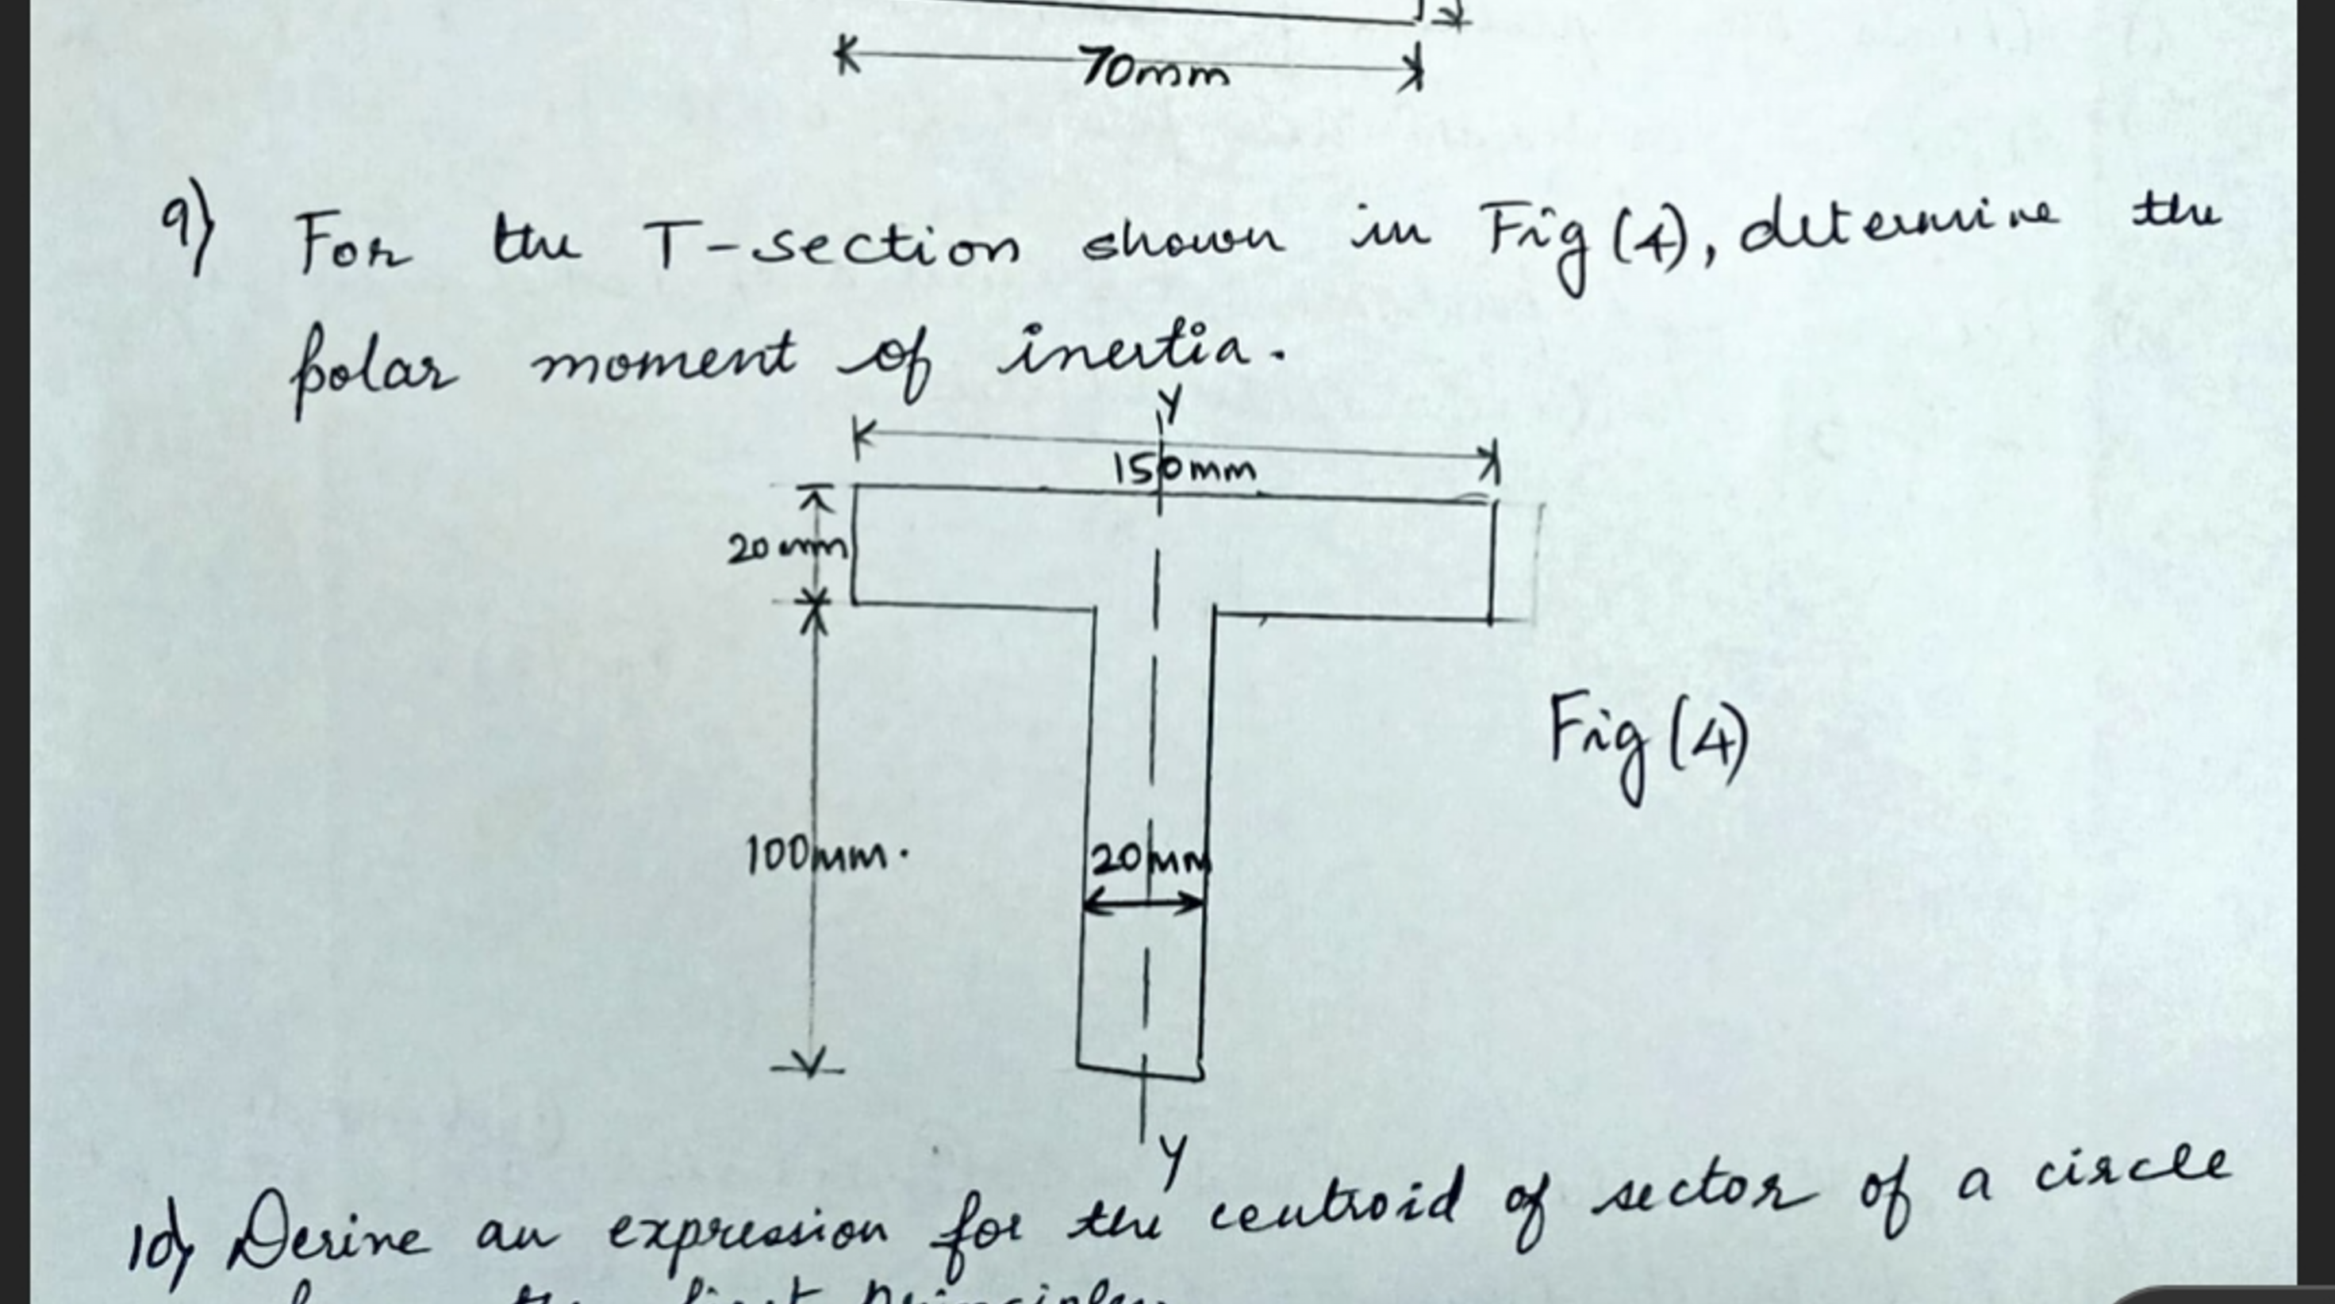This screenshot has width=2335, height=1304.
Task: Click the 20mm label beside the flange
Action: pos(787,547)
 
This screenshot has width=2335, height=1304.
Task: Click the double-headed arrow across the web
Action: pos(1144,902)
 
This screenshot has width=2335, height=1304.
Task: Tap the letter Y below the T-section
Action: pos(1173,1160)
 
